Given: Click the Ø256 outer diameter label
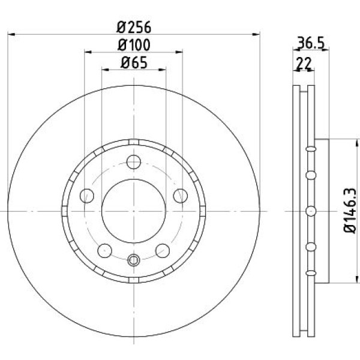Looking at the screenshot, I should (x=133, y=27).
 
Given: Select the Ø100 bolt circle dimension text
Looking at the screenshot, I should (x=133, y=44).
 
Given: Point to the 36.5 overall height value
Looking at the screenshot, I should (x=311, y=43).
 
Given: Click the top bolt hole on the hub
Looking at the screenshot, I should (x=133, y=162).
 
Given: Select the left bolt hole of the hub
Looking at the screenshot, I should (x=88, y=195).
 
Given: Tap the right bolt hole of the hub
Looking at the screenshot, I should (x=179, y=195).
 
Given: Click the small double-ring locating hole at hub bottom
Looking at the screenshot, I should (x=133, y=260).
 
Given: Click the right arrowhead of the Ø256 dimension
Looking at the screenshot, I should (x=259, y=35).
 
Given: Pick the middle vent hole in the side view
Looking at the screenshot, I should (x=310, y=210).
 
